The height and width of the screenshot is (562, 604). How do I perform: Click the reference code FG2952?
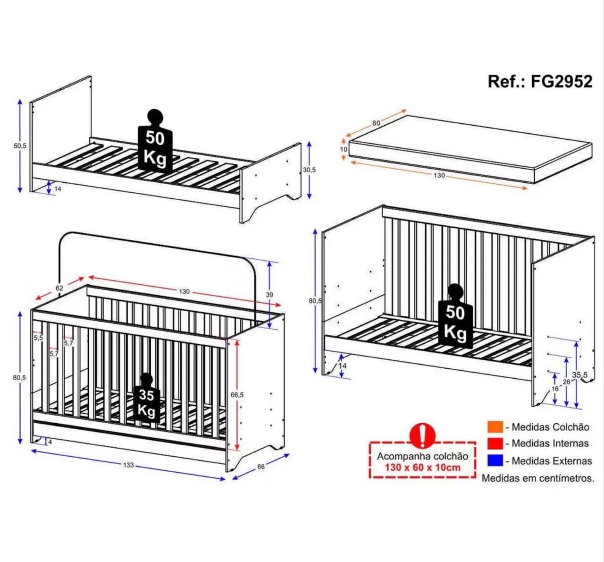pos(562,82)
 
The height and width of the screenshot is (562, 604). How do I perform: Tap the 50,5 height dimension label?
pos(20,146)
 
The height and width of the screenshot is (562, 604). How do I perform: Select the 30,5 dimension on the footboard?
pos(309,170)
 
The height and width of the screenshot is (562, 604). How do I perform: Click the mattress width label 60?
pos(376,123)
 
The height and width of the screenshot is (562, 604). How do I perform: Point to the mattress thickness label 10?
pos(344,150)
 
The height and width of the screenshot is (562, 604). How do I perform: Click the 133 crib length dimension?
pos(128,465)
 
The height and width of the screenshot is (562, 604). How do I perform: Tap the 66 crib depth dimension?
pos(261,467)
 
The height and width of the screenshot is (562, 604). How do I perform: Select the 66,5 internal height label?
pos(237,395)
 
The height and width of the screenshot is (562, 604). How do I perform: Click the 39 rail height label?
pos(269,295)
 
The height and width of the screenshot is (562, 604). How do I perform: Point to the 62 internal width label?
pos(59,288)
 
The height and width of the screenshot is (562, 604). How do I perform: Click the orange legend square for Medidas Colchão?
pos(495,427)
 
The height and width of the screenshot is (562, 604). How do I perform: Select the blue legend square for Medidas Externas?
pos(495,461)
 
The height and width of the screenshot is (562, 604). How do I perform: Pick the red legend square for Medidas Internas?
pos(495,443)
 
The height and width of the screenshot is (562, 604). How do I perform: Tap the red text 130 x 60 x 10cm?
pos(423,468)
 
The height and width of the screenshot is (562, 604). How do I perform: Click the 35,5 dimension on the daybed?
pos(580,375)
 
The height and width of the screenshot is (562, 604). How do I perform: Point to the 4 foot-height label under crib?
pos(50,442)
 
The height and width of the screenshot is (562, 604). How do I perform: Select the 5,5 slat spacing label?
pos(38,338)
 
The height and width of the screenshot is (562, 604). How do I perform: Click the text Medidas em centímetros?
pos(538,478)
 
